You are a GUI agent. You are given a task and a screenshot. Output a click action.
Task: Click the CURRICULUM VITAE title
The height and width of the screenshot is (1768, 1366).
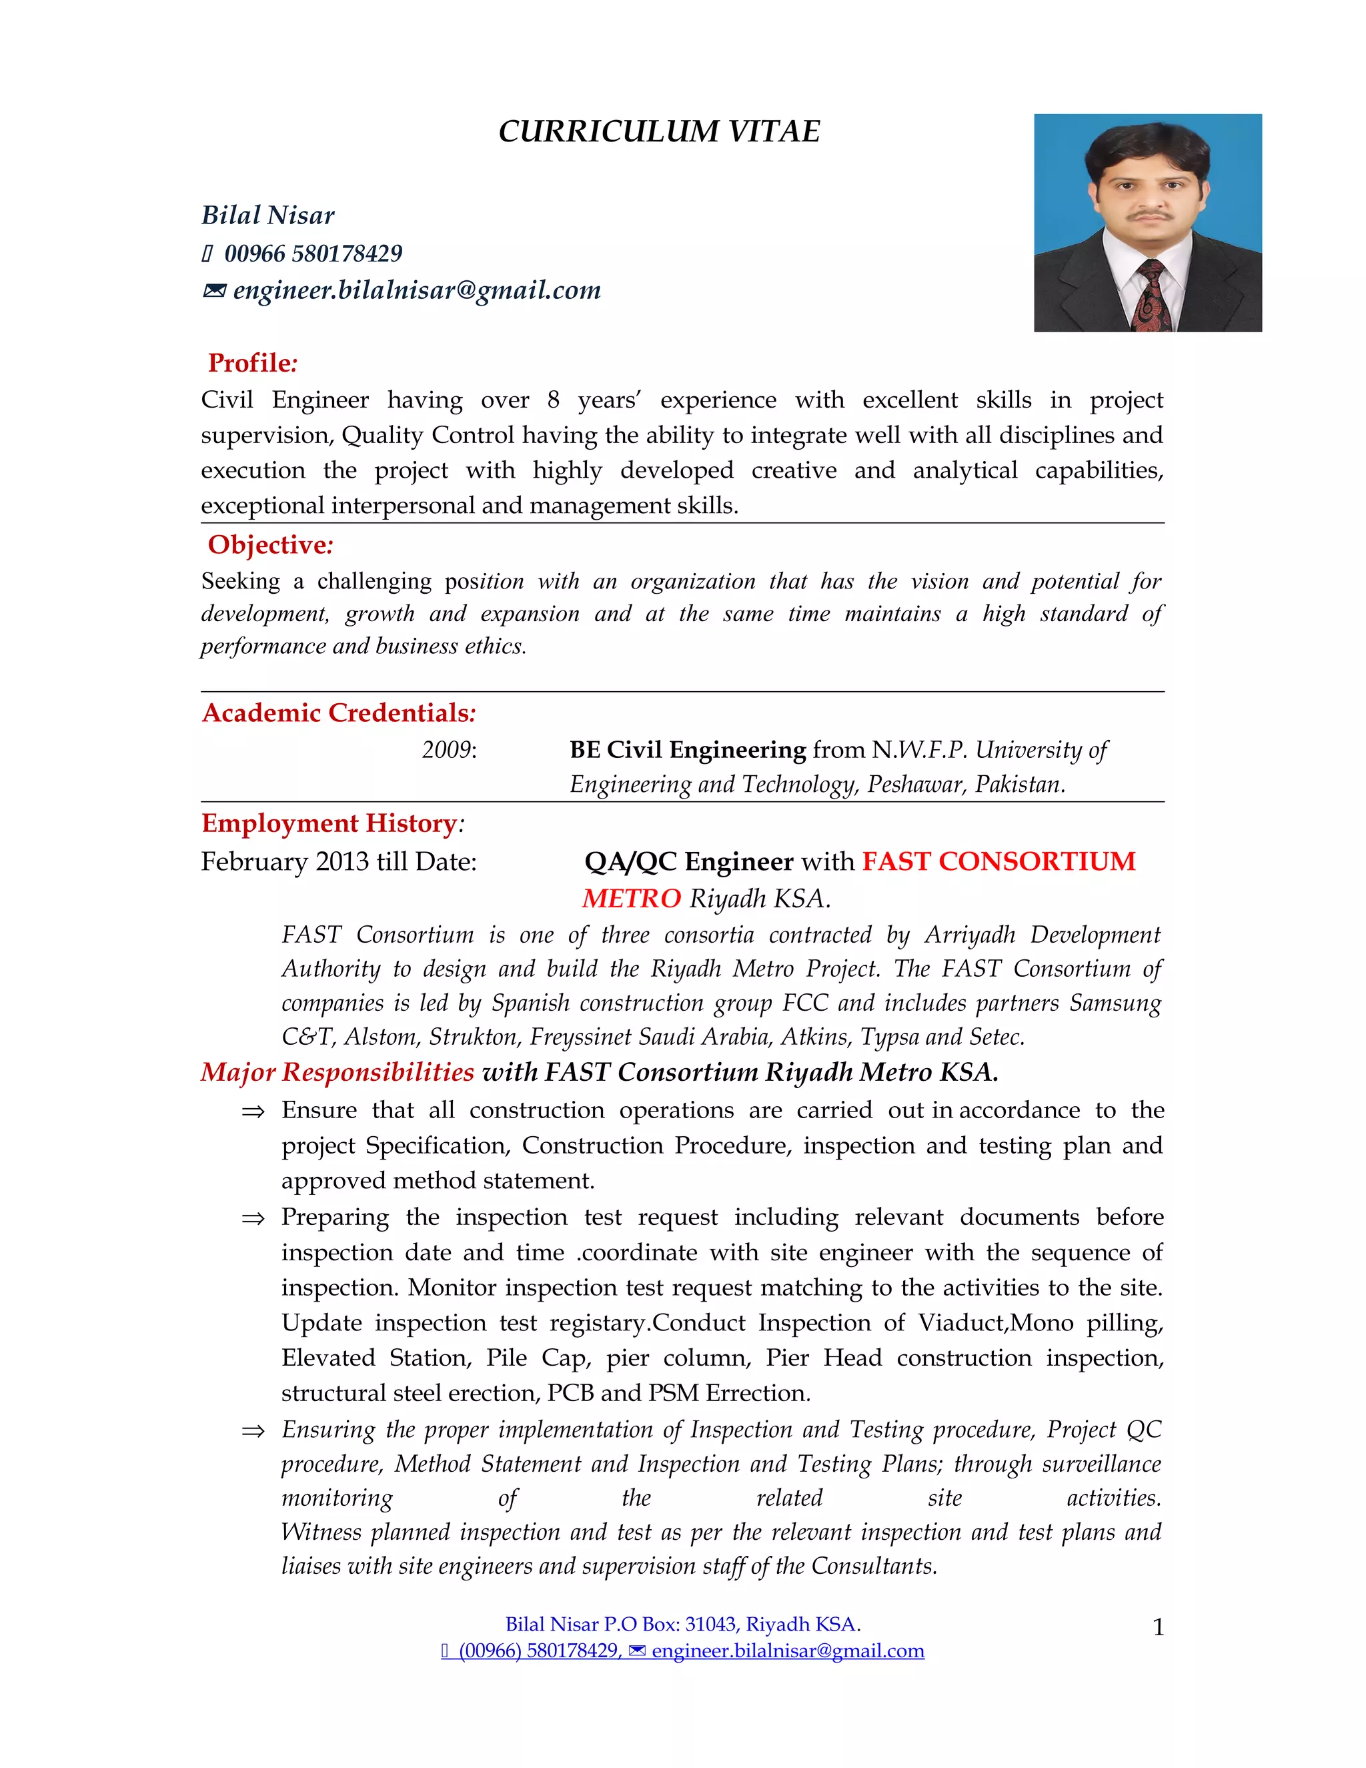(x=659, y=131)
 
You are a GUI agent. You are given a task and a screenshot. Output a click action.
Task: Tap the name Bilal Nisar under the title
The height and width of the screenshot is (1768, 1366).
(x=268, y=215)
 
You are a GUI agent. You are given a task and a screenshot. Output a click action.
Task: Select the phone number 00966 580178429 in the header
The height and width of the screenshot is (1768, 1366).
(x=313, y=254)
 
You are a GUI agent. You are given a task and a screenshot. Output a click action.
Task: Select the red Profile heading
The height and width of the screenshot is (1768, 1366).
(x=251, y=363)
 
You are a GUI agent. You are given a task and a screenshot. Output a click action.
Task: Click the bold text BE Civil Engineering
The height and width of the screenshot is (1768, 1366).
(x=687, y=750)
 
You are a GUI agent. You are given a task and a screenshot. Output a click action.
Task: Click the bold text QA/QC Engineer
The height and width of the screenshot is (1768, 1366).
(x=688, y=861)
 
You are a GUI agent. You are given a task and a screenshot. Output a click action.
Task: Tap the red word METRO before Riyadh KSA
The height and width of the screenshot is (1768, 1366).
(x=631, y=899)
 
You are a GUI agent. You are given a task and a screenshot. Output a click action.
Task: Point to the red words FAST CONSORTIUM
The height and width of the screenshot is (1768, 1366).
(x=998, y=861)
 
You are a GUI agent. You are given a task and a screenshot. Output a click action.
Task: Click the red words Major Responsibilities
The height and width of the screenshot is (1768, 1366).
(x=337, y=1072)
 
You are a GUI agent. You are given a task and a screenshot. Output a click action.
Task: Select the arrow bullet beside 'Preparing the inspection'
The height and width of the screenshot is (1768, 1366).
(x=253, y=1219)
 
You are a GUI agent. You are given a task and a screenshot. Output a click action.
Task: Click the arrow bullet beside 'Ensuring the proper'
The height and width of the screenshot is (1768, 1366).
(x=253, y=1432)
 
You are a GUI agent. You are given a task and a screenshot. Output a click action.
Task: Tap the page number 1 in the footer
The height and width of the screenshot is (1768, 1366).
(x=1158, y=1627)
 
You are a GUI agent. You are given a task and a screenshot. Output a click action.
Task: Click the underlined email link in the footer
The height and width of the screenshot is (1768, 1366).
(x=788, y=1651)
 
